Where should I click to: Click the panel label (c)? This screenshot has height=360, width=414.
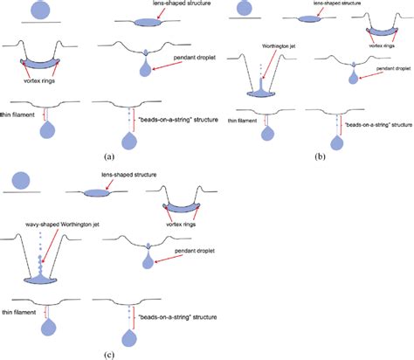coord(107,354)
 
